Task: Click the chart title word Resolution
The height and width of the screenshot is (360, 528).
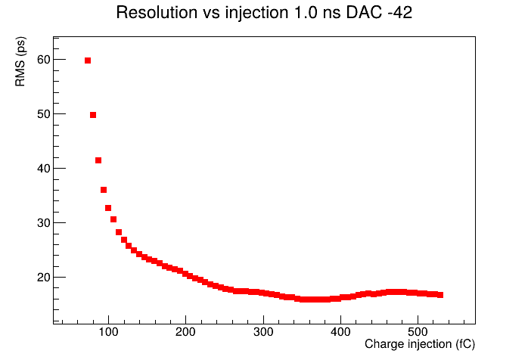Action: (x=157, y=13)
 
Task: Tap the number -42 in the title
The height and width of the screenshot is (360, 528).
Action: (x=399, y=13)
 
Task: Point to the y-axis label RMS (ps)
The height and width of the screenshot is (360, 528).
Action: (x=20, y=61)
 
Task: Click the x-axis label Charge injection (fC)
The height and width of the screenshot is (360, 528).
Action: (x=420, y=344)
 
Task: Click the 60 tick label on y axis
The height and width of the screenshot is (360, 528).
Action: (x=43, y=60)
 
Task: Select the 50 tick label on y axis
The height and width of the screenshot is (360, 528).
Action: (x=43, y=114)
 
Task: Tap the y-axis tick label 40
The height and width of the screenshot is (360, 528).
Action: (x=43, y=169)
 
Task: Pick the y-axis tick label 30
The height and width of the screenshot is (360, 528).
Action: (x=43, y=223)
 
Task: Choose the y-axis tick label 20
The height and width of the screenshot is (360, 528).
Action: (x=43, y=278)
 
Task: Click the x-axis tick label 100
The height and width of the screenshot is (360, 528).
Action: (x=108, y=332)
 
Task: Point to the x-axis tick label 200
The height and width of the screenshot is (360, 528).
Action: (x=185, y=332)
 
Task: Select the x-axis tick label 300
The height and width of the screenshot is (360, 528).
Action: (x=263, y=332)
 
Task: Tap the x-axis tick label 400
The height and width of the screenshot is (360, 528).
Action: (x=340, y=332)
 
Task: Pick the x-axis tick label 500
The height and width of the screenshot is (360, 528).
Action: (x=418, y=332)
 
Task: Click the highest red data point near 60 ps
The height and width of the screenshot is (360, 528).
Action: (x=88, y=61)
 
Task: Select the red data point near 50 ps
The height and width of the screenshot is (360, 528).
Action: (x=93, y=115)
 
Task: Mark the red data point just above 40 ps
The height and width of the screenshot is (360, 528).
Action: (x=98, y=160)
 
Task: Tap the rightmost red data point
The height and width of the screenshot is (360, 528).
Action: (x=440, y=295)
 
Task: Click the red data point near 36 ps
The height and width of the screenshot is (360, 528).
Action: (x=104, y=190)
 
